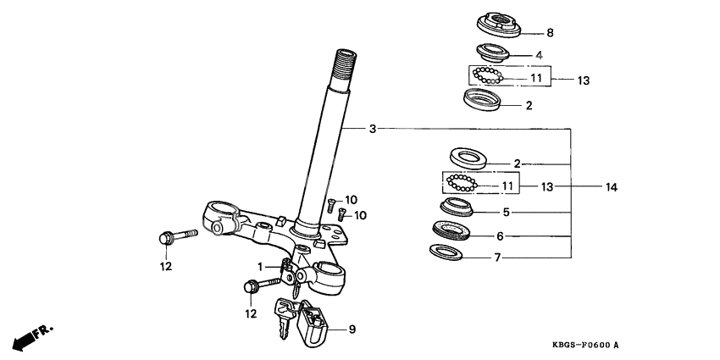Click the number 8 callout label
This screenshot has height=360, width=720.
pyautogui.click(x=550, y=34)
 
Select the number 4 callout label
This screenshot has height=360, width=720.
pyautogui.click(x=538, y=56)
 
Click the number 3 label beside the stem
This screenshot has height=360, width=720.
pyautogui.click(x=372, y=130)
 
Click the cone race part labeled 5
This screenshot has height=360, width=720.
pyautogui.click(x=457, y=208)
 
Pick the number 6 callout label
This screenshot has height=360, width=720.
pyautogui.click(x=500, y=236)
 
